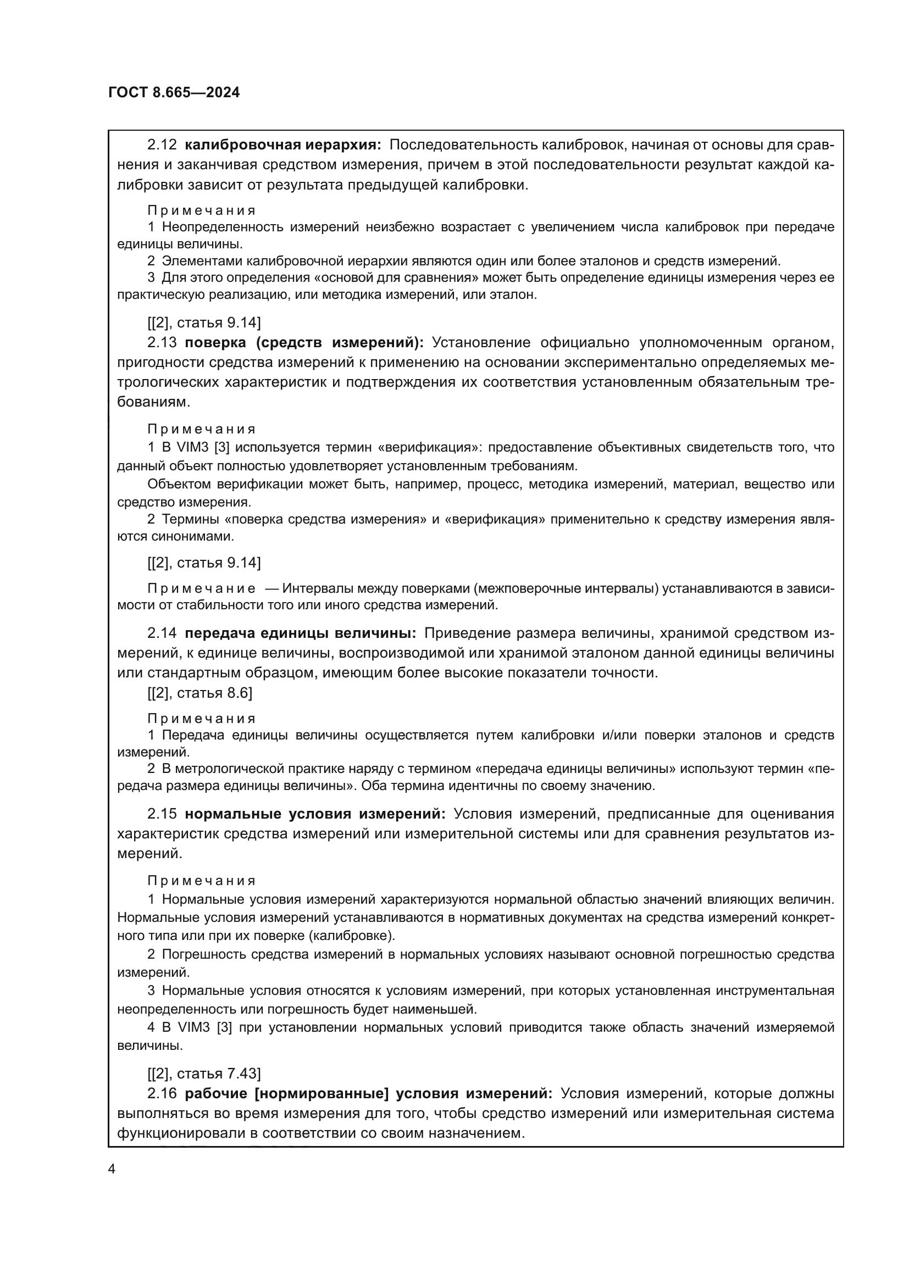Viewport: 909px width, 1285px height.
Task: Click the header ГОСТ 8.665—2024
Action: (x=174, y=93)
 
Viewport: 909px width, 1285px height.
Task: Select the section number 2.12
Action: (x=162, y=145)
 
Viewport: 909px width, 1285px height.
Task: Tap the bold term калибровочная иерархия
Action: (x=282, y=145)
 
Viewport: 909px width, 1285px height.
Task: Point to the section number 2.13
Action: (x=162, y=342)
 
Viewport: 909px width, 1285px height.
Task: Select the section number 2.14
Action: (x=162, y=633)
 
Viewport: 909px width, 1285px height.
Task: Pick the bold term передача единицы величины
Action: (x=301, y=633)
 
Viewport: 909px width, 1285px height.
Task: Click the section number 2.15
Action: (x=162, y=814)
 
